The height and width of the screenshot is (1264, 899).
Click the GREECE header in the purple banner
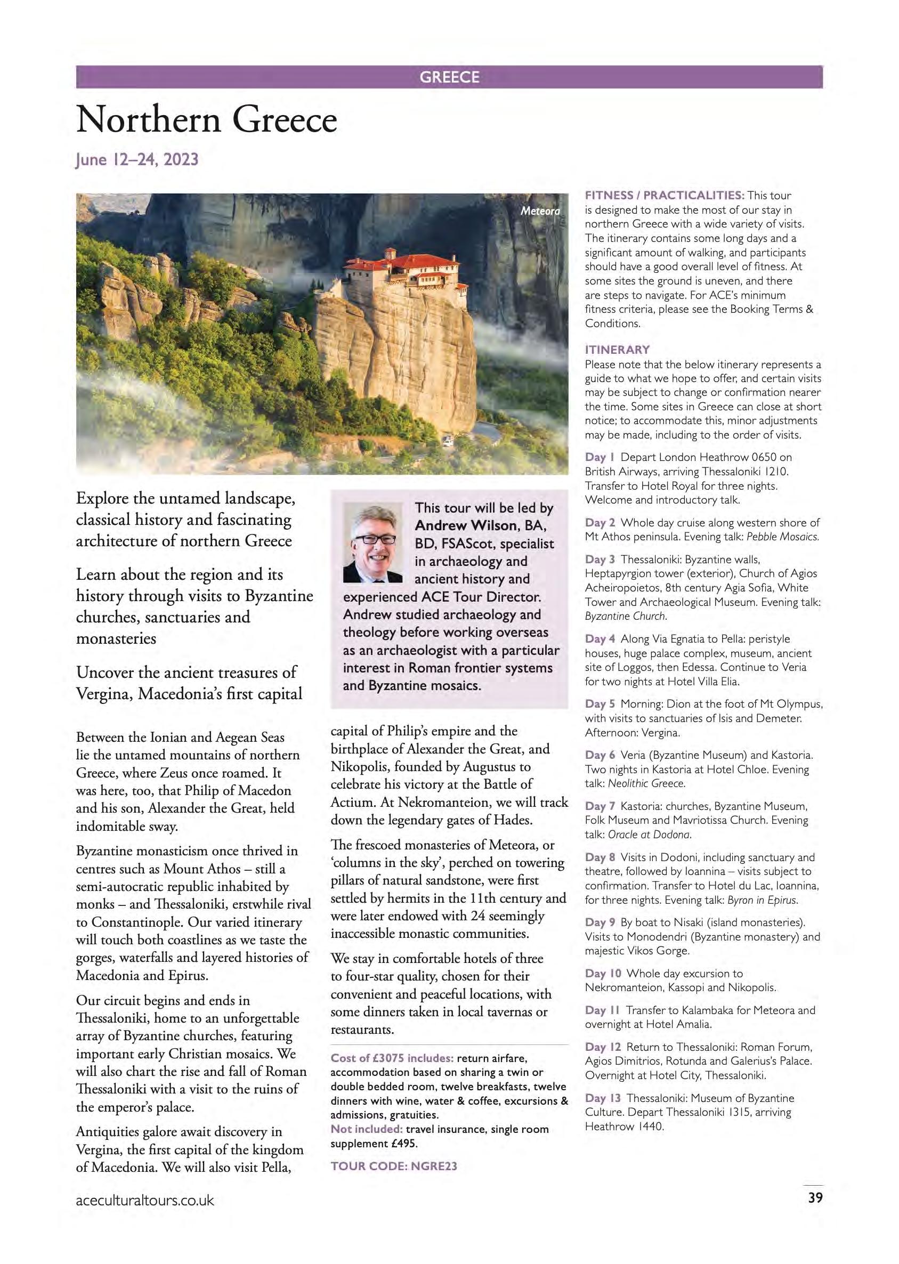click(449, 77)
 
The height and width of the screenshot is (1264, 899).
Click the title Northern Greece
click(206, 120)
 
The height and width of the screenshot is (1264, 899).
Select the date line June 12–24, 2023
click(137, 160)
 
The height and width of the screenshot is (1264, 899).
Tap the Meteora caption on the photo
click(540, 211)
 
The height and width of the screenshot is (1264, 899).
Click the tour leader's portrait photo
click(372, 542)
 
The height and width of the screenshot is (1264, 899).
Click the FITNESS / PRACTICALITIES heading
click(665, 196)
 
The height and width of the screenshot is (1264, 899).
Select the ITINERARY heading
click(617, 350)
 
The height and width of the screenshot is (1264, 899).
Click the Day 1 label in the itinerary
click(600, 457)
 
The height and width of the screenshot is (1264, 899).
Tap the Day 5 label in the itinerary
click(600, 704)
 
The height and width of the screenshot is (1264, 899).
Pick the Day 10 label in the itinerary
click(603, 974)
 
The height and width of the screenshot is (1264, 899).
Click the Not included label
click(366, 1129)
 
